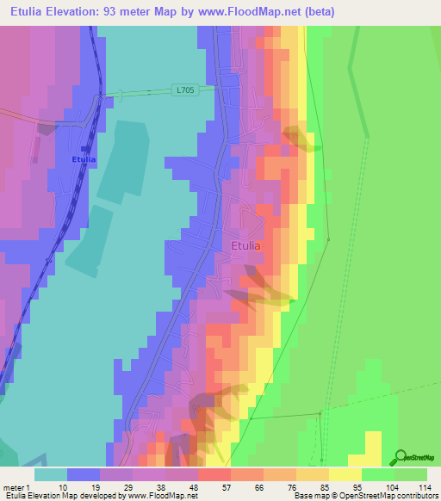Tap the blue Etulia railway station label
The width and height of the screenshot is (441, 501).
click(x=84, y=159)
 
